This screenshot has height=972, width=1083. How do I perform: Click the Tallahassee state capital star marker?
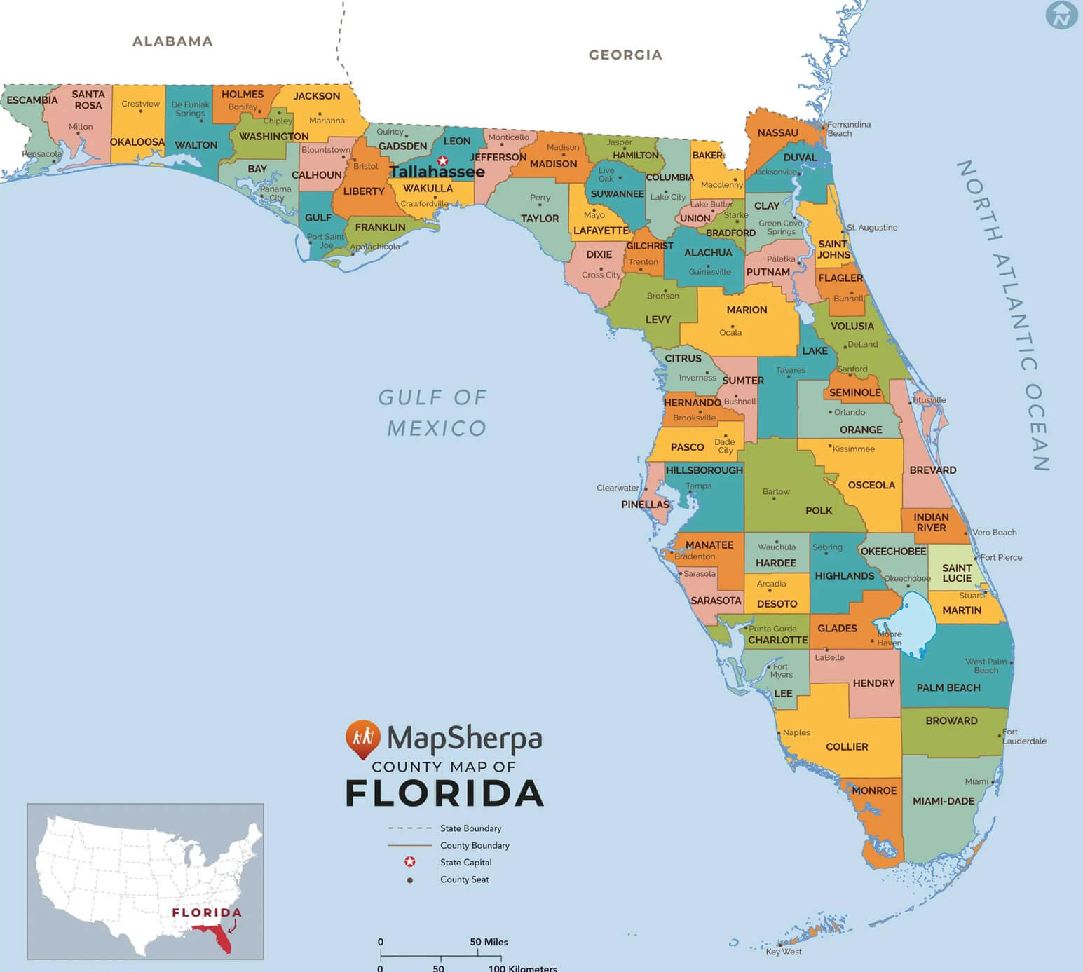(442, 160)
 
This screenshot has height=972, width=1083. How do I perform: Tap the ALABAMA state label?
(172, 41)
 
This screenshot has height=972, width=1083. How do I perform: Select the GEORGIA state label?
(625, 55)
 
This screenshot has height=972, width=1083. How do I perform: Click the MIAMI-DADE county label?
(943, 801)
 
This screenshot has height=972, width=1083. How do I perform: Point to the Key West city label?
(784, 952)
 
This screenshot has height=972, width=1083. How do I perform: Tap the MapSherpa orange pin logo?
(362, 739)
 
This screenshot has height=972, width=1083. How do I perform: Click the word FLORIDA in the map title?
(444, 793)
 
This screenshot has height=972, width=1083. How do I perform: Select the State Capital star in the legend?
(410, 862)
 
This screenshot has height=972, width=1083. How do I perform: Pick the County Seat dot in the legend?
(410, 879)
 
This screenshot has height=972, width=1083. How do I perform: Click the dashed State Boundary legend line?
(409, 828)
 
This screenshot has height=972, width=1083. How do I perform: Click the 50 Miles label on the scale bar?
(489, 942)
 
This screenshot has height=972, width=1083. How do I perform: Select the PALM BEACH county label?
(948, 687)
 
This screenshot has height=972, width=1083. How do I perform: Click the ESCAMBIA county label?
(32, 100)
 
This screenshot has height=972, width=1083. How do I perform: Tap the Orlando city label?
(850, 412)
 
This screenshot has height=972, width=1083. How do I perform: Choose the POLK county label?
(819, 510)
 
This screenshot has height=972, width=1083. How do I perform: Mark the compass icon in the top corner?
(1061, 15)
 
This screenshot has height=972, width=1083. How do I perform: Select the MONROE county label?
(874, 790)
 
